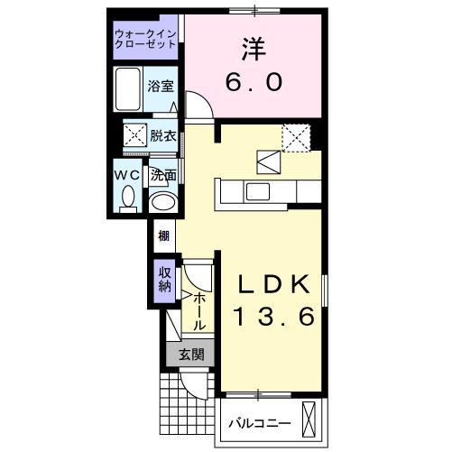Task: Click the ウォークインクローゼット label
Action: (147, 41)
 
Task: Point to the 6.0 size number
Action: (254, 82)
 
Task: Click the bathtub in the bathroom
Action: (128, 88)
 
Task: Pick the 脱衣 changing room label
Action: (163, 137)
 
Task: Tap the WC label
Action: (125, 174)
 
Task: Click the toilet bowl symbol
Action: (127, 196)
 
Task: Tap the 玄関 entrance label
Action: (189, 355)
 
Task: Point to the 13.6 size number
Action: (275, 318)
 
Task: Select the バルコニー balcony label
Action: (259, 422)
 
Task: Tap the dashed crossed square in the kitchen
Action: (295, 136)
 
